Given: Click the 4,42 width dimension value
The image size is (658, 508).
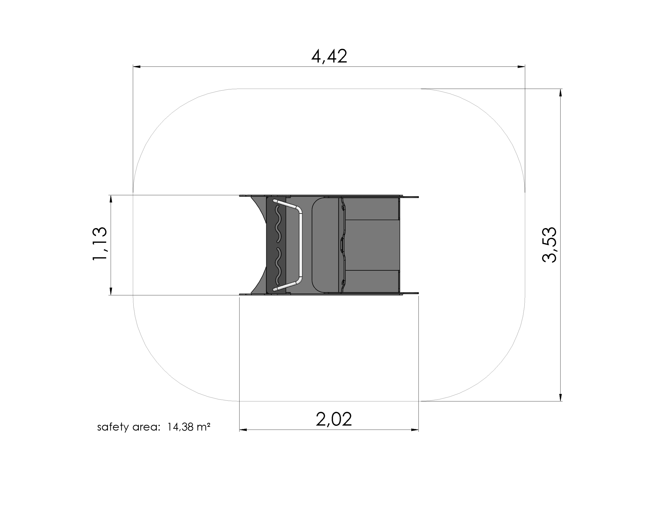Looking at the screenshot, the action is pyautogui.click(x=329, y=56).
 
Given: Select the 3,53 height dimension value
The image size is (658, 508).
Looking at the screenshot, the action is pyautogui.click(x=549, y=245).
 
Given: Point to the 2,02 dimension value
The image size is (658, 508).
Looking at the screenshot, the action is pyautogui.click(x=334, y=419).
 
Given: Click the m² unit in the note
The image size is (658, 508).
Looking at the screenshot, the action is pyautogui.click(x=203, y=427).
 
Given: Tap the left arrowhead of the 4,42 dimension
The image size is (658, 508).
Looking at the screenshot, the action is pyautogui.click(x=137, y=67).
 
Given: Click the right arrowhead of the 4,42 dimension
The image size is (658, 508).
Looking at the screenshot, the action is pyautogui.click(x=521, y=67).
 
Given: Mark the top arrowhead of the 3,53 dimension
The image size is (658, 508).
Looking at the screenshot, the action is pyautogui.click(x=560, y=93).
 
